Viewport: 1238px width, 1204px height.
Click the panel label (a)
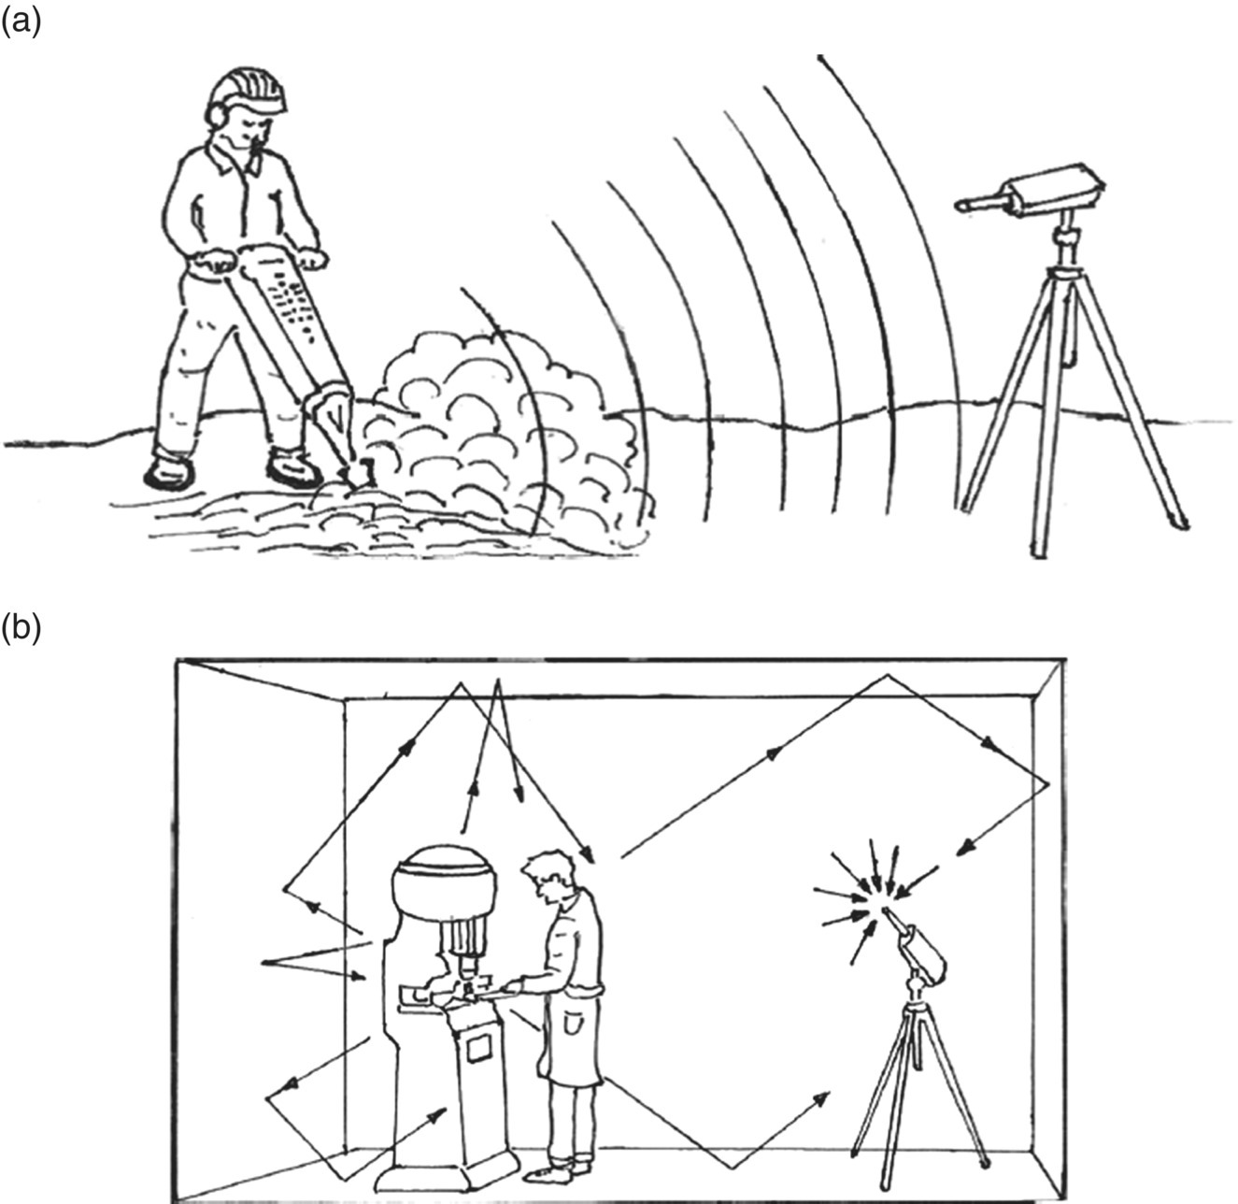(21, 21)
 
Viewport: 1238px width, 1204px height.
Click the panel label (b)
(21, 629)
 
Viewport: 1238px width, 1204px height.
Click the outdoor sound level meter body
(1051, 190)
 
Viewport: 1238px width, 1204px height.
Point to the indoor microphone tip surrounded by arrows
(885, 908)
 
